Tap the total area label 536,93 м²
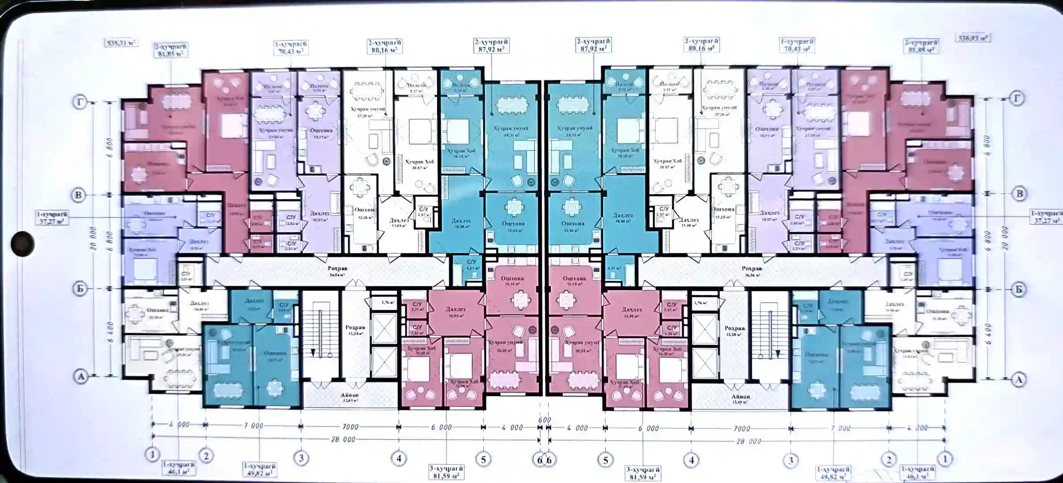pos(973,38)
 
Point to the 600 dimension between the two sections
pos(544,420)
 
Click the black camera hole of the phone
pos(22,244)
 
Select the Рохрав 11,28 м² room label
pos(355,330)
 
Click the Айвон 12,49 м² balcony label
pos(350,398)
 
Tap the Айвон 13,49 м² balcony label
pos(741,398)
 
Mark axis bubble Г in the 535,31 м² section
pos(80,103)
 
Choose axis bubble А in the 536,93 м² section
pos(1018,379)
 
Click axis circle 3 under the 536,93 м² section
pos(790,460)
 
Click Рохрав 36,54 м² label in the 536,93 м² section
pos(752,271)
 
